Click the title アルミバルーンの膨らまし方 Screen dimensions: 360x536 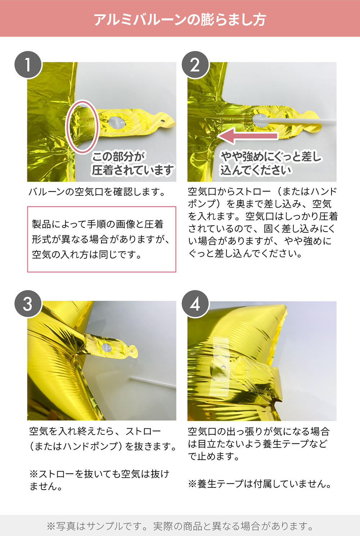click(x=180, y=19)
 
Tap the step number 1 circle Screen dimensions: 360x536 click(x=28, y=64)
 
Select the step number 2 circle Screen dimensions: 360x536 click(x=195, y=64)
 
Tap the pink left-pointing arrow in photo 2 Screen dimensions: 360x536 click(x=248, y=136)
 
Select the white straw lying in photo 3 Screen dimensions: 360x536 click(x=153, y=382)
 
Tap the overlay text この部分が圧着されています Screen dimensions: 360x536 click(x=132, y=164)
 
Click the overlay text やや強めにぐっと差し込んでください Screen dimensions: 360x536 click(x=270, y=164)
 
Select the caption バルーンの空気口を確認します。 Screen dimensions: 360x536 click(x=97, y=192)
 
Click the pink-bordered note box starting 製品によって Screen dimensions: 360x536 click(x=102, y=239)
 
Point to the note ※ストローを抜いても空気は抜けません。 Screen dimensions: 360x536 click(x=99, y=480)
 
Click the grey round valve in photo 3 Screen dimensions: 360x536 click(x=107, y=348)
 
